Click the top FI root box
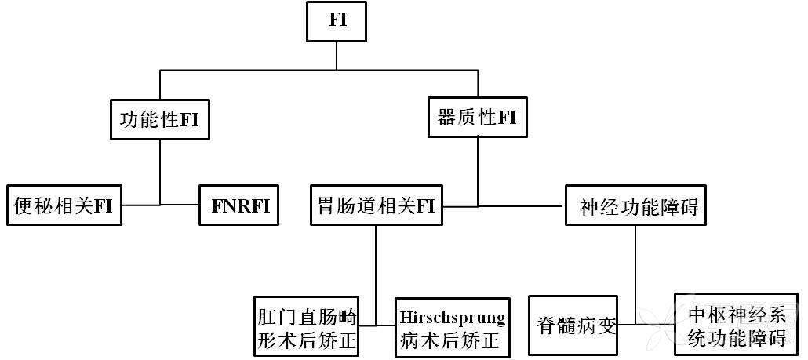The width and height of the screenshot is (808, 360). click(337, 21)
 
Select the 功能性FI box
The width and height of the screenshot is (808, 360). click(158, 120)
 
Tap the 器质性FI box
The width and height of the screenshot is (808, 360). click(476, 118)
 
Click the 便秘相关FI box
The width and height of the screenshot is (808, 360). click(64, 205)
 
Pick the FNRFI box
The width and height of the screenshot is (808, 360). click(239, 205)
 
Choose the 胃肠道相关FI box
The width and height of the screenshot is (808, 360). click(375, 205)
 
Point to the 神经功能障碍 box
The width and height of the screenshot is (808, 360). click(639, 207)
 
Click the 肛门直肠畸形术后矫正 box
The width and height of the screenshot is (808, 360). click(307, 329)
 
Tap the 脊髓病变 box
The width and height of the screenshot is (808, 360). click(577, 325)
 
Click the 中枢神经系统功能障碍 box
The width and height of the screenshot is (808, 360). click(736, 326)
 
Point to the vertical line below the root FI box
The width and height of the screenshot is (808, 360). click(337, 55)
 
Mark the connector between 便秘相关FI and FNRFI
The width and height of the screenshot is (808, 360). click(161, 205)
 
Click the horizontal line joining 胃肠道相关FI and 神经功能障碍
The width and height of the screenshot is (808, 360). click(502, 206)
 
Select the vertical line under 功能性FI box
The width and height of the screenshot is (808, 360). click(160, 169)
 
